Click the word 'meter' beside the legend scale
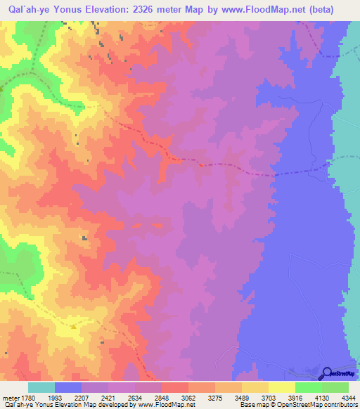point(10,397)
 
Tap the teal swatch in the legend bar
point(41,387)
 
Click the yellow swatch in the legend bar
point(281,387)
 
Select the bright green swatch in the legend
point(308,387)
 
